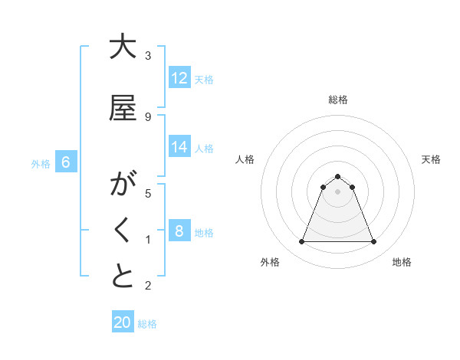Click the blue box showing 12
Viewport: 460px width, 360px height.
(179, 78)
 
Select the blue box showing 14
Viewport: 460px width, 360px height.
(179, 147)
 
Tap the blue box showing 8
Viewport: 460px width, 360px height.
(179, 231)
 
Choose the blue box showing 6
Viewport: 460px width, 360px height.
(66, 162)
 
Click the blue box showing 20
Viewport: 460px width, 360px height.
(123, 322)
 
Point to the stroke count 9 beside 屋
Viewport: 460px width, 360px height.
(148, 116)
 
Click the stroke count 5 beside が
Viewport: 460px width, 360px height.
(148, 193)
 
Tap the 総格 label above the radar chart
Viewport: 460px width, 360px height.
(337, 100)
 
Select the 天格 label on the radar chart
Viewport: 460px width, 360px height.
(431, 159)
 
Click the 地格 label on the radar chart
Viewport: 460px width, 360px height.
(402, 262)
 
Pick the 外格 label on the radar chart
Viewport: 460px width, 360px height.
(270, 262)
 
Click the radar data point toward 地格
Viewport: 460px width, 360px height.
(373, 242)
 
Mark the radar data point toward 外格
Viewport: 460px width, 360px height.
(301, 242)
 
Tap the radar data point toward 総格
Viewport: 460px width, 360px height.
(337, 176)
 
